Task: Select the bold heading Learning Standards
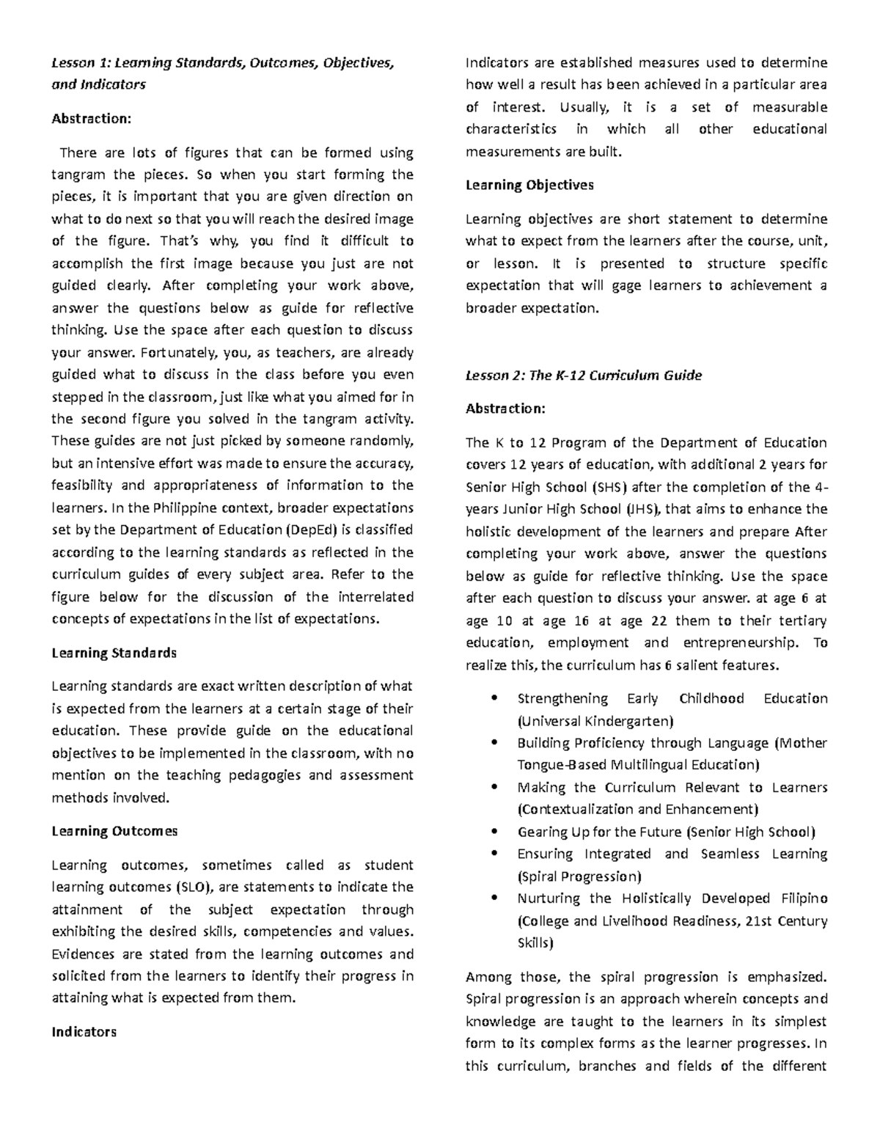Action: click(x=114, y=653)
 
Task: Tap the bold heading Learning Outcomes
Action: click(x=114, y=831)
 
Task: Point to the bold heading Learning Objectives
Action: click(x=529, y=185)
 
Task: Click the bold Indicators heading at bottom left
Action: click(x=84, y=1032)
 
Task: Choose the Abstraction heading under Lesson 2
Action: click(x=505, y=409)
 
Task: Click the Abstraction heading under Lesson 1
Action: click(x=91, y=118)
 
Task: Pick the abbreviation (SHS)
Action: click(x=609, y=487)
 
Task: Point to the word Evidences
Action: click(x=83, y=954)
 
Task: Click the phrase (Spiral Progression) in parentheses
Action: click(x=579, y=876)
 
